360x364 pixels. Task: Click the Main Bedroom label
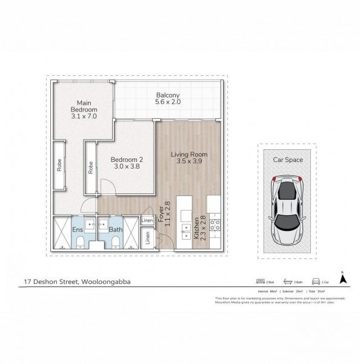click(84, 109)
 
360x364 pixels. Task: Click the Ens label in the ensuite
click(78, 230)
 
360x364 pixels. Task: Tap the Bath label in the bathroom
click(115, 230)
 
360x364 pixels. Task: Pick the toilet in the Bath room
click(115, 243)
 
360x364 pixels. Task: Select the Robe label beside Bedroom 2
click(90, 167)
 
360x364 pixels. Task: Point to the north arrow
click(342, 278)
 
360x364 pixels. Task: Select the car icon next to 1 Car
click(316, 281)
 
